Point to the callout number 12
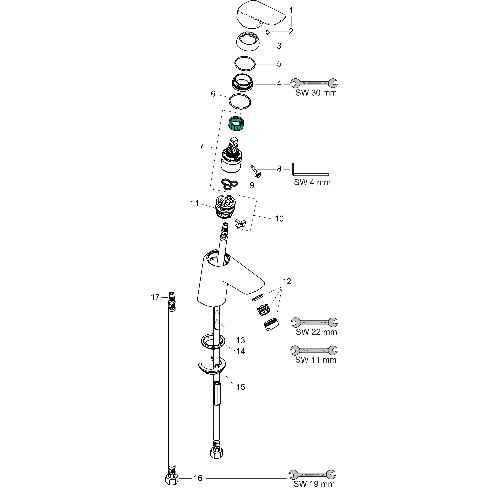[x=287, y=281]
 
